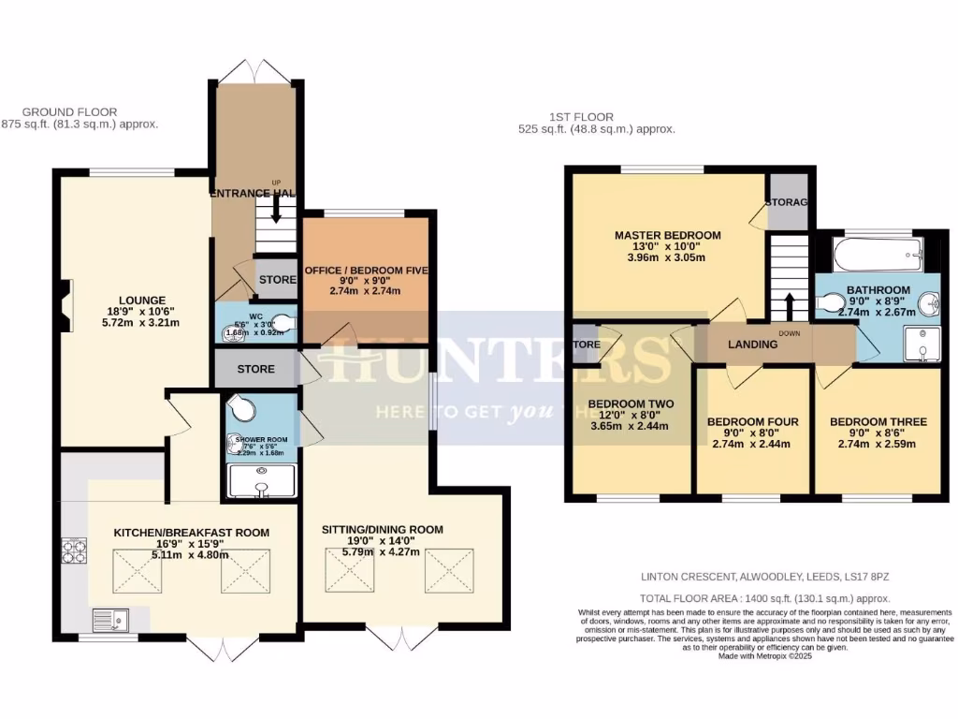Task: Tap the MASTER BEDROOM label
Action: tap(667, 234)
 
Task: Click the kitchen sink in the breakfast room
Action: tap(112, 619)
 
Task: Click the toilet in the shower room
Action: tap(243, 410)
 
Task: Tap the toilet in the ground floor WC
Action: tap(282, 324)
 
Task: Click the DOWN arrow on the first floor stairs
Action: tap(789, 306)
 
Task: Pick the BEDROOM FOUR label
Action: tap(752, 421)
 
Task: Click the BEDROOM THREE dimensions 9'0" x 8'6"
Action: tap(877, 433)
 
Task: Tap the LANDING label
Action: tap(753, 345)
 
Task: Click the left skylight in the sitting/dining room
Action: tap(348, 568)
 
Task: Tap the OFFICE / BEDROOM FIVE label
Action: tap(367, 271)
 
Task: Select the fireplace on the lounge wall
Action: tap(62, 307)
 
